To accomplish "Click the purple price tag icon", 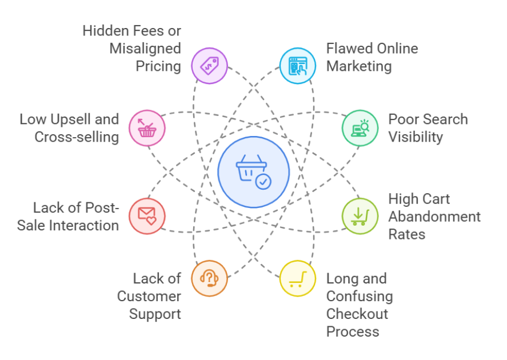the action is point(209,66).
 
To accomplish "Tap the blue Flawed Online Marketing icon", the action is point(297,66).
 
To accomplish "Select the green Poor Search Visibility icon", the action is point(360,128).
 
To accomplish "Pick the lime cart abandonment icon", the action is point(360,216).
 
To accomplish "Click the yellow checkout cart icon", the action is point(297,278).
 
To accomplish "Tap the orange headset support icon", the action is point(209,278).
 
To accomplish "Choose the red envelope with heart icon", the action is point(147,216).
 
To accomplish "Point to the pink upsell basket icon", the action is point(147,128).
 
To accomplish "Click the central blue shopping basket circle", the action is point(253,172).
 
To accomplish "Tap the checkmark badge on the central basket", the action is point(264,182).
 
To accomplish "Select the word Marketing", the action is point(359,66).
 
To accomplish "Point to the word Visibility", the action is point(416,137).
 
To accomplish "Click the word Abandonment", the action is point(434,217).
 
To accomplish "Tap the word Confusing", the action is point(360,296).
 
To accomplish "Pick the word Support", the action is point(155,314).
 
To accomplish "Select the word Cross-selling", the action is point(77,137).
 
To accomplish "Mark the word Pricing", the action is point(158,66).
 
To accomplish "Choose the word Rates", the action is point(406,234).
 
